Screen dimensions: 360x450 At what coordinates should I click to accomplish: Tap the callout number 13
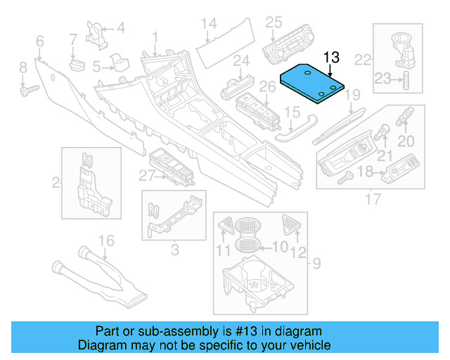click(331, 58)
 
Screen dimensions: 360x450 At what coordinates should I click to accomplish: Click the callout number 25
click(274, 22)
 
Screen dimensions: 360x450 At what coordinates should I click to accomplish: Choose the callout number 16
click(105, 241)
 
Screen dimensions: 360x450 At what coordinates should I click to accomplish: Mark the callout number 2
click(55, 184)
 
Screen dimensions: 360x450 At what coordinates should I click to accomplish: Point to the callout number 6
click(39, 41)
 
